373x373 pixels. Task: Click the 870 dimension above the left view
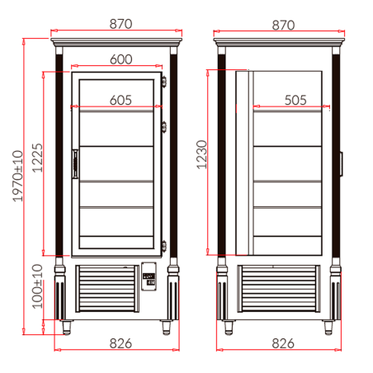point(120,25)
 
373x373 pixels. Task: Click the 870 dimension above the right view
point(281,25)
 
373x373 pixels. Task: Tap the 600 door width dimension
point(120,59)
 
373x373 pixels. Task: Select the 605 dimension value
point(120,100)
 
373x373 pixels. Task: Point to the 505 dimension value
point(295,100)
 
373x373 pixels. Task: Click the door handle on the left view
point(75,163)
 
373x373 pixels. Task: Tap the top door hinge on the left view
point(165,81)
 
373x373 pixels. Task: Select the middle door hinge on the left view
point(165,125)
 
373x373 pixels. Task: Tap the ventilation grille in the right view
point(279,290)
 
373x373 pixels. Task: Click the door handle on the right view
point(339,163)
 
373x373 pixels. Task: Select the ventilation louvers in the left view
point(107,290)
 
